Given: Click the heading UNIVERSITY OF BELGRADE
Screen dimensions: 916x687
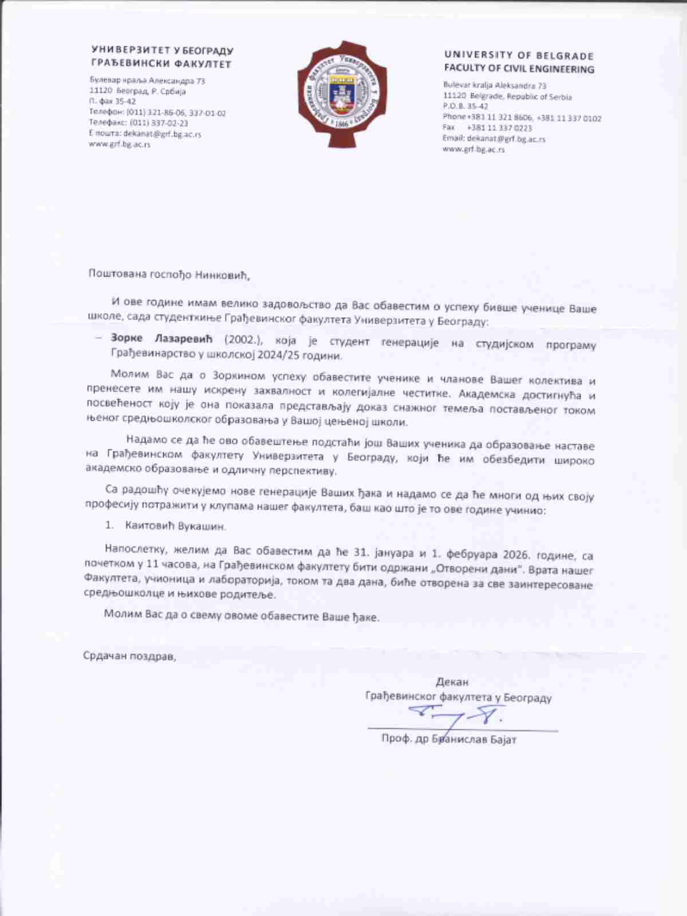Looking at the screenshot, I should pos(519,56).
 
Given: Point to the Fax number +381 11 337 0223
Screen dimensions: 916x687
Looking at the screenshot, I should pos(499,128).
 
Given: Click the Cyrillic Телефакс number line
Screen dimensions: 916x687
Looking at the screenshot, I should pos(139,123).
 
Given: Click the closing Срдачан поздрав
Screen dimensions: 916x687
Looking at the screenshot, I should pos(130,656).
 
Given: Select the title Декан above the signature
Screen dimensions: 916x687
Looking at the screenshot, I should pos(452,682).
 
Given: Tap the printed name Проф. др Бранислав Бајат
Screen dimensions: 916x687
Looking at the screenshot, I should pos(449,739).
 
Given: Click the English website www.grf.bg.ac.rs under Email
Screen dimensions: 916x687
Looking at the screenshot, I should pos(473,149).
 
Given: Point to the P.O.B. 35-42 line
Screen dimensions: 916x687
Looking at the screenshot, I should pos(465,106).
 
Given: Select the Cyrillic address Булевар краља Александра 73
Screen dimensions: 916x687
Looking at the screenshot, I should pos(147,81).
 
